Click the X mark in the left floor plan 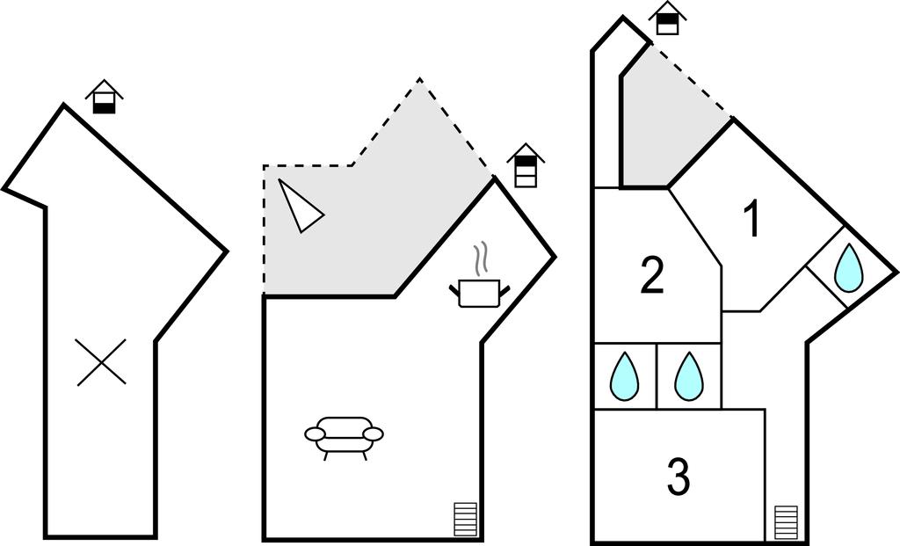click(x=101, y=362)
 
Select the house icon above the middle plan click(x=526, y=166)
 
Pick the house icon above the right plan click(x=668, y=18)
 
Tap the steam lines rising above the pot click(x=481, y=259)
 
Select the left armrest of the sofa click(x=316, y=433)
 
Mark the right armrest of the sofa click(x=373, y=433)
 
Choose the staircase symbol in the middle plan click(x=465, y=521)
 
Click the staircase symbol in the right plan click(x=786, y=522)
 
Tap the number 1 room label click(x=751, y=220)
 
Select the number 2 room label click(x=651, y=277)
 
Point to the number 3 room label click(x=678, y=478)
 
